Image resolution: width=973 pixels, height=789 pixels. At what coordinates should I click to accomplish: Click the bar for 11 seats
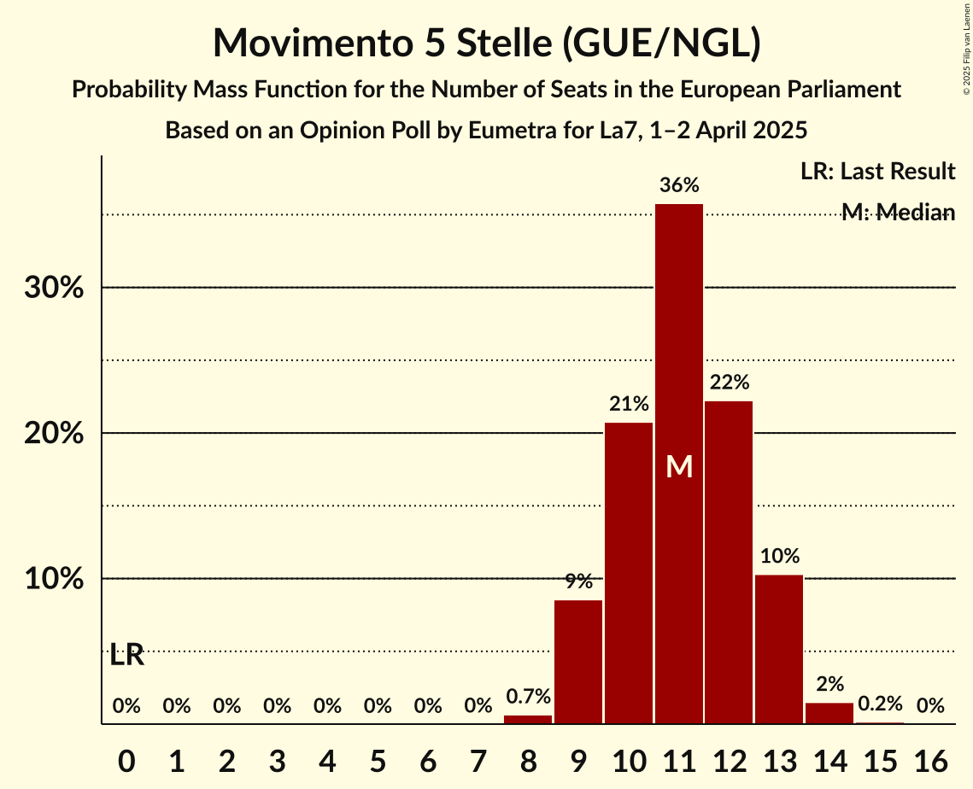pos(679,464)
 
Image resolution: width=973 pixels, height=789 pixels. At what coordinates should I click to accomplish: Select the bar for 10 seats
pos(629,573)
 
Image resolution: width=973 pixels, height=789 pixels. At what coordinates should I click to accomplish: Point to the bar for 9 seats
pos(578,662)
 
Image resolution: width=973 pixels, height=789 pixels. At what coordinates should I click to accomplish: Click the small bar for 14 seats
pos(829,713)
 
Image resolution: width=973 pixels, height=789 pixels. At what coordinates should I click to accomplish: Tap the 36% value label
pos(679,185)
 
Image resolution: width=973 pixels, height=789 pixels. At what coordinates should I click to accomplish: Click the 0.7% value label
pos(528,697)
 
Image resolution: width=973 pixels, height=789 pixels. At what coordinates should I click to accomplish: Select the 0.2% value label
pos(880,704)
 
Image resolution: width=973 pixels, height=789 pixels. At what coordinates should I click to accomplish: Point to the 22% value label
pos(729,383)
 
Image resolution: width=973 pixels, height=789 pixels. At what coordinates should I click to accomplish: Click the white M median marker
pos(679,466)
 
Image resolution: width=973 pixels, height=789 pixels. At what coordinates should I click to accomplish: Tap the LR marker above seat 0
pos(126,656)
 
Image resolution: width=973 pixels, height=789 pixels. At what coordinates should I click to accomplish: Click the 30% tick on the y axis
pos(54,289)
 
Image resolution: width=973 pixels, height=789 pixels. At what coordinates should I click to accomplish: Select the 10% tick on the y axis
pos(54,580)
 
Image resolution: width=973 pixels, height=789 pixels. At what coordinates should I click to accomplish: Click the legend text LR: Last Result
pos(877,172)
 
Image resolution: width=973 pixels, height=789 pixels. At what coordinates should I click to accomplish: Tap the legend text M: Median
pos(898,213)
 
